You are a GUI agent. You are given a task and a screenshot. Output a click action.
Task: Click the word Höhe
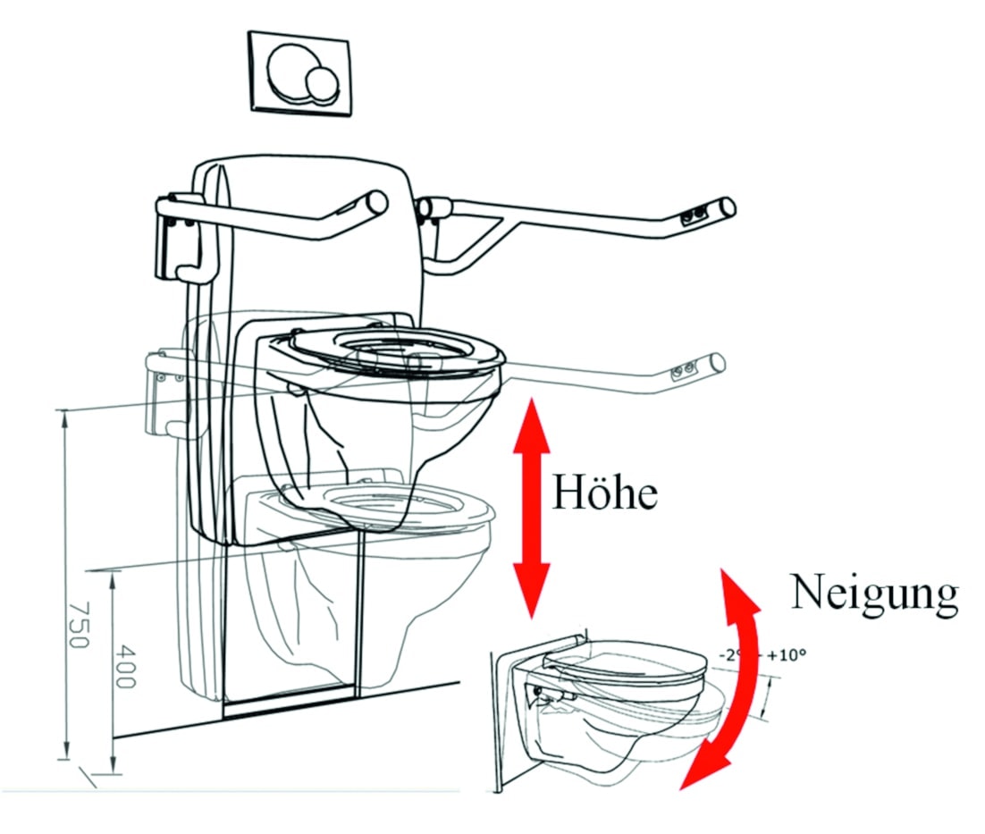(x=604, y=492)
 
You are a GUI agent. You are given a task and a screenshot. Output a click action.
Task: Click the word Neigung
(x=873, y=593)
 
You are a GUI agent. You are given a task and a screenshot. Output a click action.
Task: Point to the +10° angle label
(x=786, y=654)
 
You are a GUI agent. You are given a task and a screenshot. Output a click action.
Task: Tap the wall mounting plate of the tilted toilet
(x=505, y=715)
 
